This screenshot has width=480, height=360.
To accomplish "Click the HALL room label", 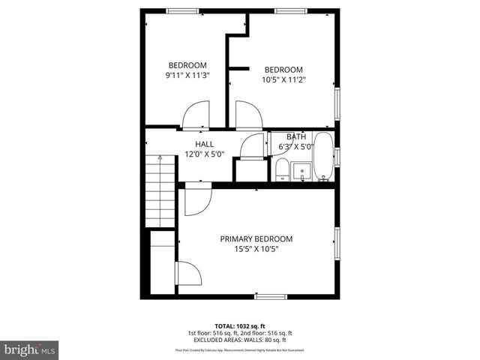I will click(x=204, y=144).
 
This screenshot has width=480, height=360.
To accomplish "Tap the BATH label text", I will click(x=295, y=136).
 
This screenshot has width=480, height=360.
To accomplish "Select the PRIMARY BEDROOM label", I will click(x=256, y=238).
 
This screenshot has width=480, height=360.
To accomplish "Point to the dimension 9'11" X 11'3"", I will click(x=187, y=75).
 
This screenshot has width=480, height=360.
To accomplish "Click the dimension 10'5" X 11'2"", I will click(x=283, y=79).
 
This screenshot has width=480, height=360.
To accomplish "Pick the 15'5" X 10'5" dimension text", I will click(x=256, y=249).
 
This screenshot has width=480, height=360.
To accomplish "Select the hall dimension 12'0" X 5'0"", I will click(x=204, y=154).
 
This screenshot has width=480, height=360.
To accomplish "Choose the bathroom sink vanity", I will click(x=303, y=171).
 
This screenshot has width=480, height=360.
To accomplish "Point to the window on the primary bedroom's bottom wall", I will click(x=271, y=296).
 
